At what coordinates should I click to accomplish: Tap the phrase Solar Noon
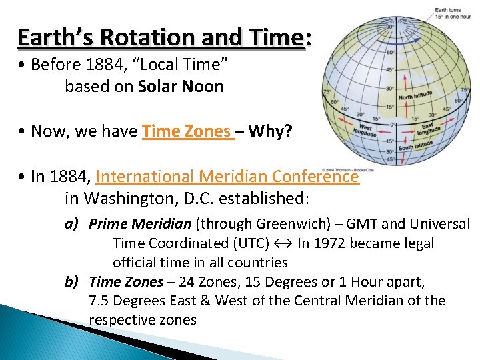pyautogui.click(x=181, y=87)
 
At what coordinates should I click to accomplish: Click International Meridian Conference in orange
pyautogui.click(x=227, y=177)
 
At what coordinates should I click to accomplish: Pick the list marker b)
pyautogui.click(x=73, y=282)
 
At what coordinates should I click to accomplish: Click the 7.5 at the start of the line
pyautogui.click(x=100, y=301)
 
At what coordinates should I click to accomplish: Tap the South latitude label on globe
pyautogui.click(x=415, y=146)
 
